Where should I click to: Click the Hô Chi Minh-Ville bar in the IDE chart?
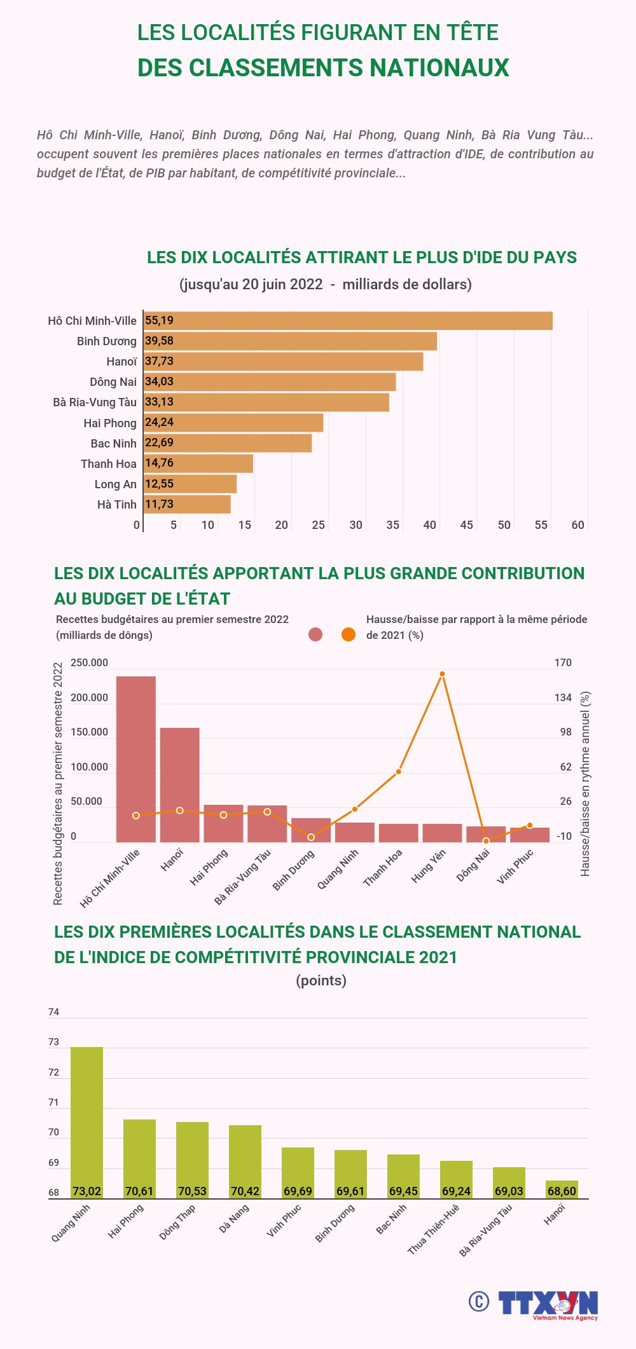tap(348, 320)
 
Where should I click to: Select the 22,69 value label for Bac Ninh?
tap(159, 442)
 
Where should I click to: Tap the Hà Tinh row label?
tap(117, 504)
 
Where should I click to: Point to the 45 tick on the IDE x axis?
tap(467, 525)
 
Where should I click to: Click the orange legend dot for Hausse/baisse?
tap(349, 634)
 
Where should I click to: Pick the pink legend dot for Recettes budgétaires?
tap(315, 634)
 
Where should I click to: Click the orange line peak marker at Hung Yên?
tap(442, 674)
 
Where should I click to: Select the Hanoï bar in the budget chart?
tap(179, 785)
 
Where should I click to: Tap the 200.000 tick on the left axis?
tap(89, 697)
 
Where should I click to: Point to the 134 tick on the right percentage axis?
tap(563, 697)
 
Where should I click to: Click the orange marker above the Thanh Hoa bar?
tap(399, 772)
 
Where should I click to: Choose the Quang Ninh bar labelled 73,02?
tap(86, 1122)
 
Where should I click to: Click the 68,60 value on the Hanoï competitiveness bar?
tap(562, 1191)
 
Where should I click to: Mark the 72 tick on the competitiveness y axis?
tap(53, 1072)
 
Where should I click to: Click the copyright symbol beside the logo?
tap(478, 1301)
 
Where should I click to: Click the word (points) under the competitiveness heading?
tap(321, 980)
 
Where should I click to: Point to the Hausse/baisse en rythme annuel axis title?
tap(585, 783)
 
